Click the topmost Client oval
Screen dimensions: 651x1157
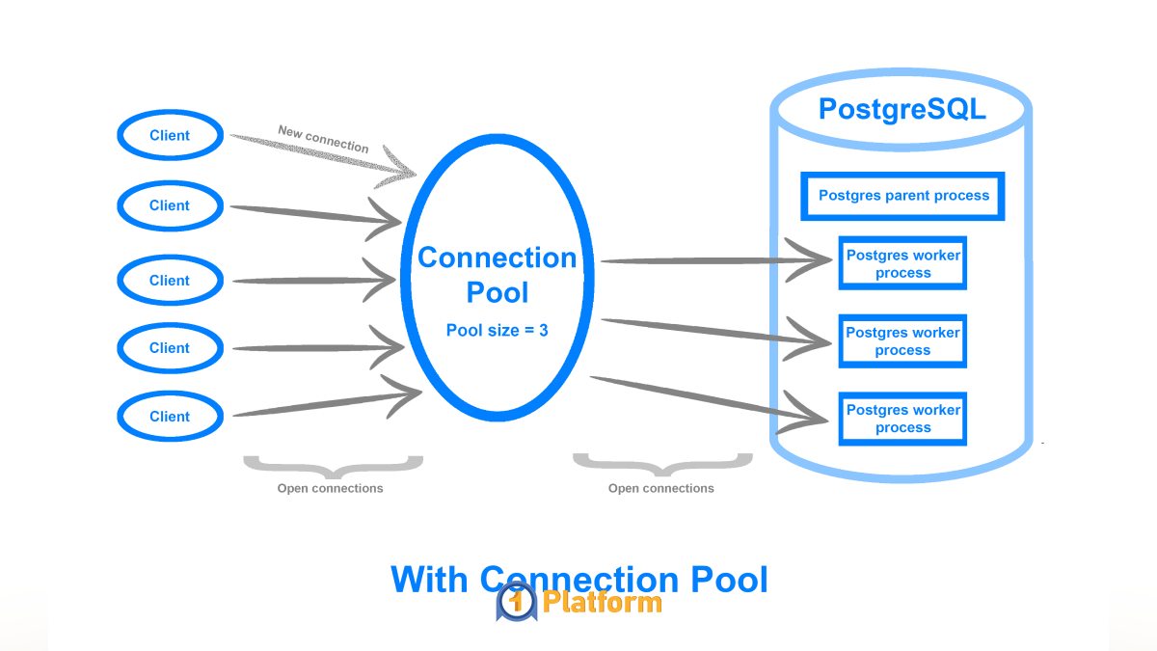pos(170,136)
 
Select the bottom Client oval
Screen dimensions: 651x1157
pos(170,417)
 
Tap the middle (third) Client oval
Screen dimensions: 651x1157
pos(170,281)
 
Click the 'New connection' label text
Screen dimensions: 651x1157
pos(323,139)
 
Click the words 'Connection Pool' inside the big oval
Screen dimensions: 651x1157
pos(498,274)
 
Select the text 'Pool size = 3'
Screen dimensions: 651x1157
pos(498,330)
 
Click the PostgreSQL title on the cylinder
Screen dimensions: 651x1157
pos(901,109)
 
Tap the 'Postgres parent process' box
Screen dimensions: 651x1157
pos(903,196)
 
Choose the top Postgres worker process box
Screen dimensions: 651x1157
pos(902,263)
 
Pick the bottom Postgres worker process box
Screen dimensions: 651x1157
pos(902,419)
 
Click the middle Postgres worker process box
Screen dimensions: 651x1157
pos(902,341)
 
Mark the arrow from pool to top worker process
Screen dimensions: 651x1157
pos(713,260)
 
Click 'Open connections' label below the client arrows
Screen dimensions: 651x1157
pos(331,488)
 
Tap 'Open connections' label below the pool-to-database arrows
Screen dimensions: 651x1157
pos(660,488)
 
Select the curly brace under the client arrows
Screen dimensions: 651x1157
pos(333,467)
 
